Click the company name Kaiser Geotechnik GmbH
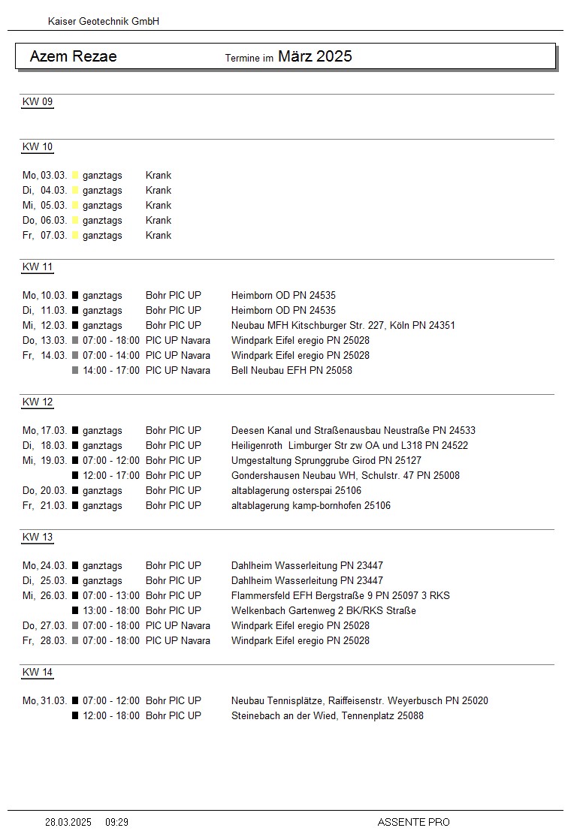click(x=104, y=22)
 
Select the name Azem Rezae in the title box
click(x=73, y=56)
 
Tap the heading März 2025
click(x=315, y=56)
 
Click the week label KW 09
click(x=38, y=102)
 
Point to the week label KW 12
click(x=38, y=402)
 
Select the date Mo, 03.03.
click(x=44, y=175)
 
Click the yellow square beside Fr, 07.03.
click(x=75, y=236)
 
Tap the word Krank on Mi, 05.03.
click(x=159, y=205)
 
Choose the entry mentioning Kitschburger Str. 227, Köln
click(x=343, y=325)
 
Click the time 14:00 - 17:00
click(x=111, y=370)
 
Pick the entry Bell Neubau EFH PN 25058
click(x=291, y=370)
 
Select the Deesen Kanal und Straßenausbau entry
click(x=353, y=430)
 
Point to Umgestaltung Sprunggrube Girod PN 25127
click(x=326, y=460)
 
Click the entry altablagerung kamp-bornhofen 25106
click(x=311, y=505)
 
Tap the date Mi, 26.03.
click(x=44, y=595)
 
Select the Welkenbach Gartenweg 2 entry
click(x=324, y=610)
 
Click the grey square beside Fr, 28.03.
click(x=75, y=641)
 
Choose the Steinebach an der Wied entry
click(x=328, y=715)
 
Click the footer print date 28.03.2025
click(x=68, y=823)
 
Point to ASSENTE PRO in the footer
click(x=413, y=823)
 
